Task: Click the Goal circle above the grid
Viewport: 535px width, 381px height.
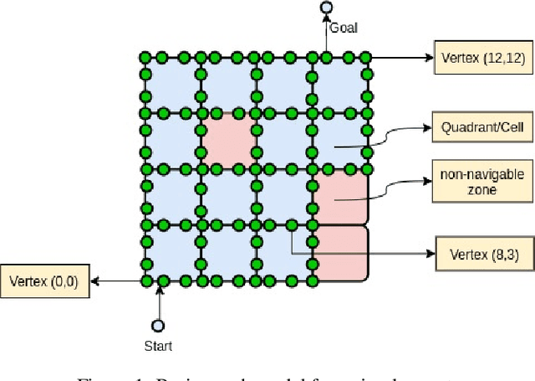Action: click(327, 8)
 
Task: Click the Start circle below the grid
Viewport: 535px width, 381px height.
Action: click(157, 326)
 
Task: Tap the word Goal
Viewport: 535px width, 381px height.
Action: click(343, 28)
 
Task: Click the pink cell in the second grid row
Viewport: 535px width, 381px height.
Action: click(228, 140)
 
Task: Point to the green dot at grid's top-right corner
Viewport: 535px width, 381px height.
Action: click(365, 58)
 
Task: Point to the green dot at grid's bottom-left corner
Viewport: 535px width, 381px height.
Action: click(145, 281)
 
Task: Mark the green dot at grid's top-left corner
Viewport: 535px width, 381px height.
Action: click(145, 58)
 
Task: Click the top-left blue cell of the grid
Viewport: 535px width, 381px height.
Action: click(172, 85)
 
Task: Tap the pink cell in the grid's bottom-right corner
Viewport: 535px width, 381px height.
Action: click(341, 253)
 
